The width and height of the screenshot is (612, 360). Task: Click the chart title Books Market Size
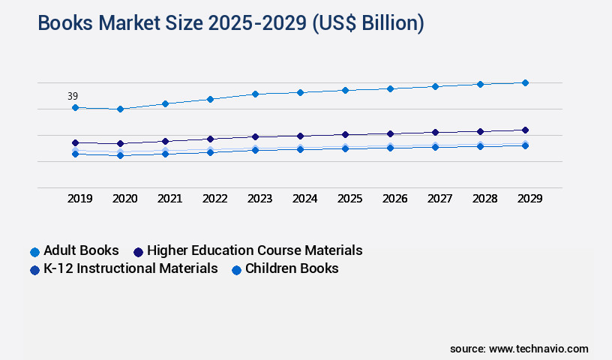(x=231, y=23)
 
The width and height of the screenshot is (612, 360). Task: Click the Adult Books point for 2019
(x=75, y=107)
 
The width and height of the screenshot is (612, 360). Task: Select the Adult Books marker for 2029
(x=525, y=82)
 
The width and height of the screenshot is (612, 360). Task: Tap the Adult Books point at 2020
(x=120, y=109)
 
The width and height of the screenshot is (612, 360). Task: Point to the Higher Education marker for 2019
(x=75, y=142)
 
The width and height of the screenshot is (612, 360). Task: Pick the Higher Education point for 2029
(x=525, y=130)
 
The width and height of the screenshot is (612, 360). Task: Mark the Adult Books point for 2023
(x=255, y=94)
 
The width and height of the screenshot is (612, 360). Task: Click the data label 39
(x=73, y=96)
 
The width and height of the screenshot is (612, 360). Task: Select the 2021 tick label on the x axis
(x=169, y=199)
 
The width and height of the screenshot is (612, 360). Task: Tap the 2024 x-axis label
(x=304, y=199)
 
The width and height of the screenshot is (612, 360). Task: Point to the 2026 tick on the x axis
(x=394, y=199)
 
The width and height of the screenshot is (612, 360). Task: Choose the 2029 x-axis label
(x=529, y=199)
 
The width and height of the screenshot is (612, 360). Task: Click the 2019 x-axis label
(x=79, y=199)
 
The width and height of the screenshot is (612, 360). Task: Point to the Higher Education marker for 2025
(x=345, y=134)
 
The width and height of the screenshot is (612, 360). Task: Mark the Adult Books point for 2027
(x=435, y=86)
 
